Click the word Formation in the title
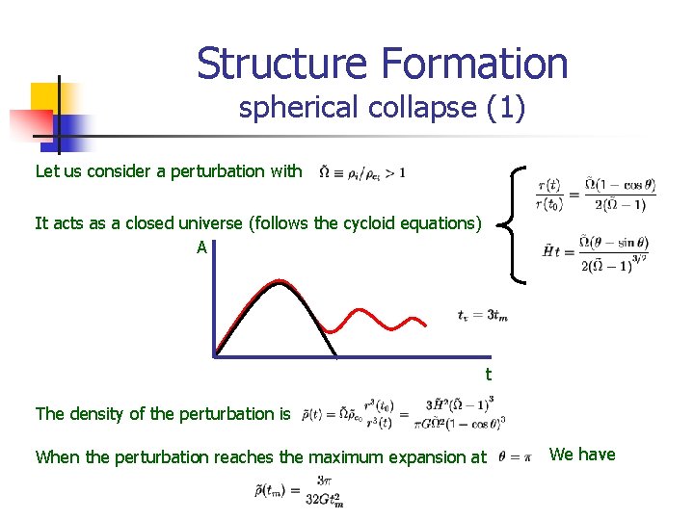475,64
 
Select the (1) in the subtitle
506,108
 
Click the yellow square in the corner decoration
48,98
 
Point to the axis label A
201,247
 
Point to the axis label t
488,374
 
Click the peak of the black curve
280,282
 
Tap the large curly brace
516,223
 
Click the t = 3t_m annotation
482,315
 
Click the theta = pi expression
516,457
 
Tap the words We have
582,455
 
